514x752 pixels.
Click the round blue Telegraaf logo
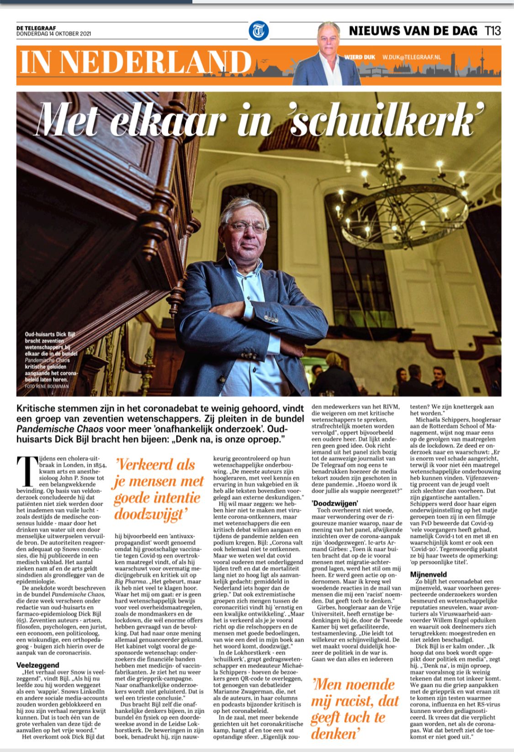(x=259, y=31)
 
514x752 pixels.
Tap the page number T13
(x=493, y=31)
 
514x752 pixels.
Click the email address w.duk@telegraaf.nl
(x=412, y=57)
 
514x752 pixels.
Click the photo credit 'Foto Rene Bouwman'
(x=47, y=387)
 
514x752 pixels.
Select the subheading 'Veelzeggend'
(x=37, y=665)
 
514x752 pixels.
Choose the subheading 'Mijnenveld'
(x=428, y=574)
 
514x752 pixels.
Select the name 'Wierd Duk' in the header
(x=360, y=57)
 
